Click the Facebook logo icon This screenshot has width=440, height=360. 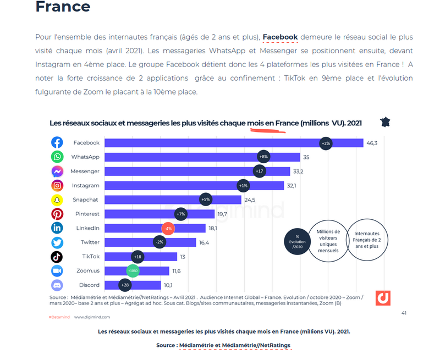click(57, 143)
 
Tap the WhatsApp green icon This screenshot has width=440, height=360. click(57, 157)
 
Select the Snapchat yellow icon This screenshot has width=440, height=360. click(57, 200)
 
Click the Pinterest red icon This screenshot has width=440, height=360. click(57, 214)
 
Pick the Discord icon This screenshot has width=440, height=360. click(57, 285)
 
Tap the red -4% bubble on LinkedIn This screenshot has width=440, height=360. click(168, 228)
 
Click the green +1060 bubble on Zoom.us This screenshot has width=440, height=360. click(133, 270)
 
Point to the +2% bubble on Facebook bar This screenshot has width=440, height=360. click(325, 143)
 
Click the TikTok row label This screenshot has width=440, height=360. click(91, 257)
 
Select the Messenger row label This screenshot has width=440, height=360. click(85, 171)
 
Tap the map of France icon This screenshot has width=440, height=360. click(386, 122)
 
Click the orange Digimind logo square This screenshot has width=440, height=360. click(383, 298)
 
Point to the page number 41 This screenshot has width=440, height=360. click(404, 313)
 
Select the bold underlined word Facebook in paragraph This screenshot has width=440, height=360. click(280, 37)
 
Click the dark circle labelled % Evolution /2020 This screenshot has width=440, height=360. click(297, 241)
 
